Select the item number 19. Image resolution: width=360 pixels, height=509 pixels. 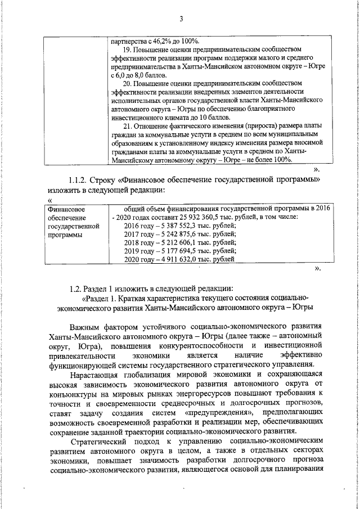click(127, 49)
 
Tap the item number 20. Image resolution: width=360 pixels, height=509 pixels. click(127, 83)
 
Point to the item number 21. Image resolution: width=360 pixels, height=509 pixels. click(127, 125)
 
